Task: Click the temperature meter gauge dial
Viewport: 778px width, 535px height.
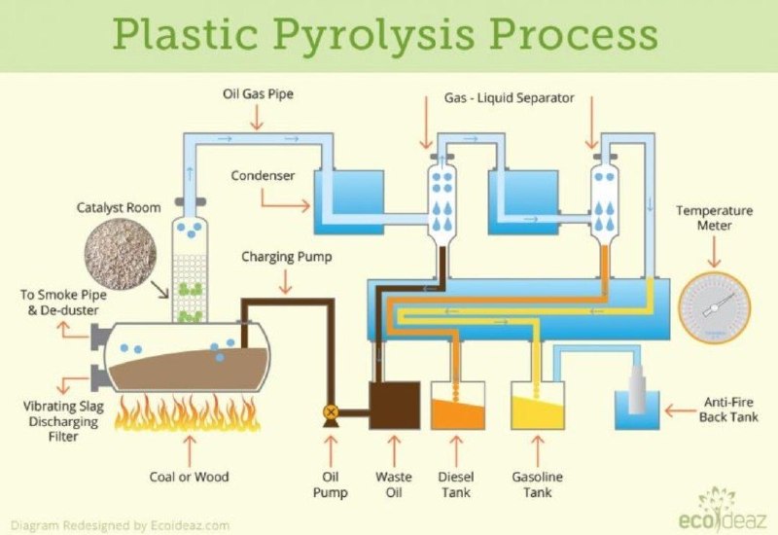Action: click(x=715, y=307)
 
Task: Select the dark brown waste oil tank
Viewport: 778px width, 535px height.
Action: click(x=395, y=406)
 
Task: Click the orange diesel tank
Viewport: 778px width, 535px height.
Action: click(x=457, y=406)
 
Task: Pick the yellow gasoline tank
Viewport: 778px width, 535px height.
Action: click(x=538, y=406)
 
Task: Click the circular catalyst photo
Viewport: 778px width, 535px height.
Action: click(x=121, y=255)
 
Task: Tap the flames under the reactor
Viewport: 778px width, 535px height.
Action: click(x=188, y=412)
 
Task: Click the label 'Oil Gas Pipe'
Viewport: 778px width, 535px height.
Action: click(x=258, y=93)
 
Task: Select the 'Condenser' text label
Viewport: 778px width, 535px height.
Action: click(x=263, y=176)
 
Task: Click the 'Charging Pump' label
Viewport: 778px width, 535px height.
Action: click(x=287, y=257)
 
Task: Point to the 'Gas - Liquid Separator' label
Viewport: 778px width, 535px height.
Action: click(x=509, y=98)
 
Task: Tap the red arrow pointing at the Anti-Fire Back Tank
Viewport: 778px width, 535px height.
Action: click(x=681, y=410)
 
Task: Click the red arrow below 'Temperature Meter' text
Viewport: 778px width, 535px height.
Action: click(x=714, y=252)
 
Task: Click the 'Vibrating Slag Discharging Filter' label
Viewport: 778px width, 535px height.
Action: click(x=63, y=421)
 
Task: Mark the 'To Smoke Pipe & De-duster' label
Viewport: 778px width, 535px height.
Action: click(x=63, y=303)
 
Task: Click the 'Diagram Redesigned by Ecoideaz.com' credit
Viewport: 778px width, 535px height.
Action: click(x=120, y=525)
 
